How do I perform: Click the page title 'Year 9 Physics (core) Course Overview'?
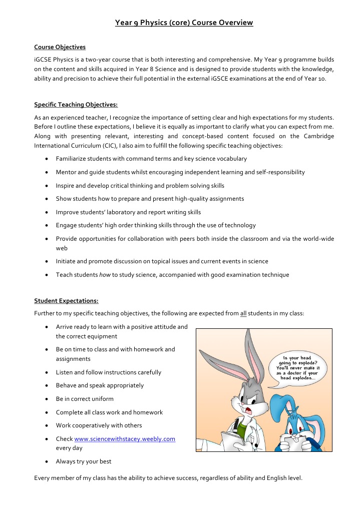point(184,23)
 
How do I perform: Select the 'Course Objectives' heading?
point(60,47)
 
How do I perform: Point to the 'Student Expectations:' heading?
point(66,301)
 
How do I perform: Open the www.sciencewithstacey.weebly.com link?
point(124,439)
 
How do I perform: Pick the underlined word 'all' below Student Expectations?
point(243,314)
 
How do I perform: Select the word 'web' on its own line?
point(61,248)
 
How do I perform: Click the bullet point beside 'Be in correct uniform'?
point(46,399)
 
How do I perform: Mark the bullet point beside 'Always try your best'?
point(46,461)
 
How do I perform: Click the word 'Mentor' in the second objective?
point(66,172)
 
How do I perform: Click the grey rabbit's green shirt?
point(242,429)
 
